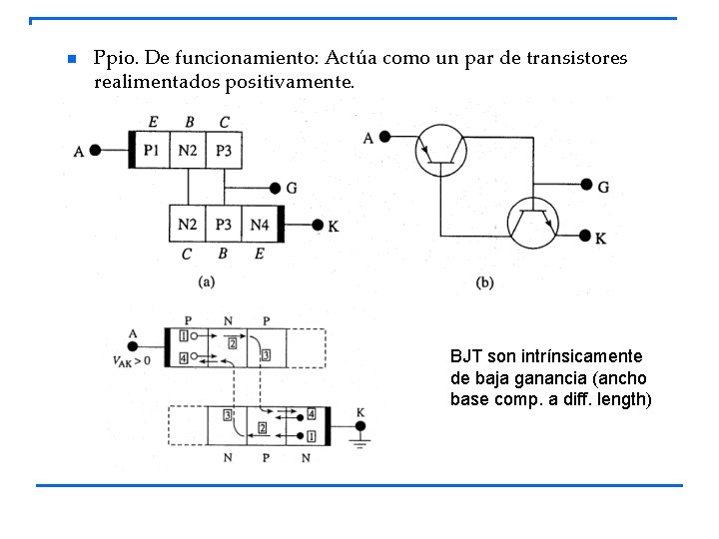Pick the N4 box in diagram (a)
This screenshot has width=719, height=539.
point(260,226)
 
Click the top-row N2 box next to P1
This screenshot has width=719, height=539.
point(188,150)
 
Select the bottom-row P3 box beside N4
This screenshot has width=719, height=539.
point(224,226)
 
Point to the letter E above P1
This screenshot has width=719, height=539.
point(152,122)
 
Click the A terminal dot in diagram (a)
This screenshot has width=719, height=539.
point(96,151)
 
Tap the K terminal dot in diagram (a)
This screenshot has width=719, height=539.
point(318,227)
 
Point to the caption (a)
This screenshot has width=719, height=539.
point(207,281)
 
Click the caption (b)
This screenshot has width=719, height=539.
point(485,282)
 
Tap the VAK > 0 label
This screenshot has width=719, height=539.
point(131,359)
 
